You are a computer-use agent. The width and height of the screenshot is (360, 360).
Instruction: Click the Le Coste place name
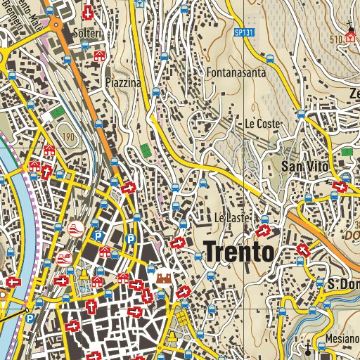(x=263, y=124)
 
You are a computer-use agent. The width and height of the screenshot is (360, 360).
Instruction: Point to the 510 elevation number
(x=335, y=39)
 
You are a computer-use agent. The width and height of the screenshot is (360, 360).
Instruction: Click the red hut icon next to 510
(x=350, y=38)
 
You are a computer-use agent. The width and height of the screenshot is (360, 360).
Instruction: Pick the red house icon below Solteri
(x=100, y=55)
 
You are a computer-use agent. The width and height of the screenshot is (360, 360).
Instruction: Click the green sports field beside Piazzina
(x=146, y=150)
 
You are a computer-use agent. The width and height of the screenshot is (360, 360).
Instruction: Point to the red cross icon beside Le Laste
(x=264, y=230)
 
